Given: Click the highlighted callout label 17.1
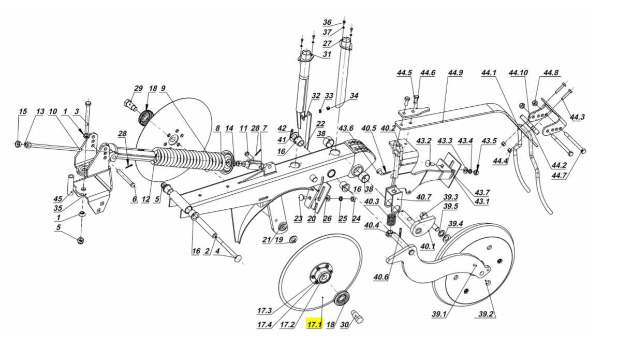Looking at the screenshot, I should (314, 325).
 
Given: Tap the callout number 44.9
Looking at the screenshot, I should (456, 73).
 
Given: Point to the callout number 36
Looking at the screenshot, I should (327, 23).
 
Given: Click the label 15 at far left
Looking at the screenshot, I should (22, 112).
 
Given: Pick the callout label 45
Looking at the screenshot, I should (58, 199).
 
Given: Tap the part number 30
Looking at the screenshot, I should (345, 325).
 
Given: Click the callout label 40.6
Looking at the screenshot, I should (380, 278).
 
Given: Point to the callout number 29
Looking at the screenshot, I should (138, 89).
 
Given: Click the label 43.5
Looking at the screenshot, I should (489, 141).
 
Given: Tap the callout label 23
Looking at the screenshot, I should (298, 219).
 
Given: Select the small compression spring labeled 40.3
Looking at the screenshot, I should (392, 218).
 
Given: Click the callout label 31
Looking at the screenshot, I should (327, 54).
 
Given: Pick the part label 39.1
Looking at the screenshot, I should (439, 314).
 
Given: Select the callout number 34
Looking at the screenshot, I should (354, 96).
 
